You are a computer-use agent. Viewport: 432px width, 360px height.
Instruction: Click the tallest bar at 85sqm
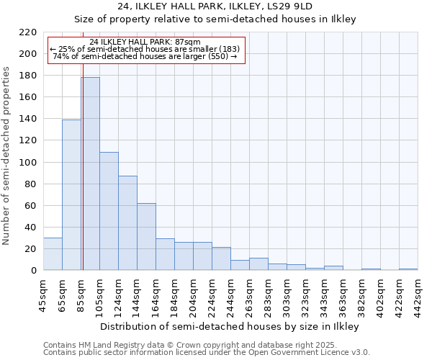90,174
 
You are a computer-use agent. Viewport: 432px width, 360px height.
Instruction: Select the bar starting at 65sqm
71,195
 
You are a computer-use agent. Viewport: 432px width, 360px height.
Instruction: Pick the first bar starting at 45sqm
53,254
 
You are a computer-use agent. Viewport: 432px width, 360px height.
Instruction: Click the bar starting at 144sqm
146,237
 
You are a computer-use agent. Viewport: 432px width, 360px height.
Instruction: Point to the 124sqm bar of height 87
127,223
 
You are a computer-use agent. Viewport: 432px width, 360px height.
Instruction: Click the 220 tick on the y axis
28,32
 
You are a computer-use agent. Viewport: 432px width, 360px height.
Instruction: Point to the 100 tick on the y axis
28,163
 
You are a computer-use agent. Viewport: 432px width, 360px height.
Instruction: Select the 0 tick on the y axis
33,271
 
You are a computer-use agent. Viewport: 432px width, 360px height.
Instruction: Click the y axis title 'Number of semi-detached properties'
7,156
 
